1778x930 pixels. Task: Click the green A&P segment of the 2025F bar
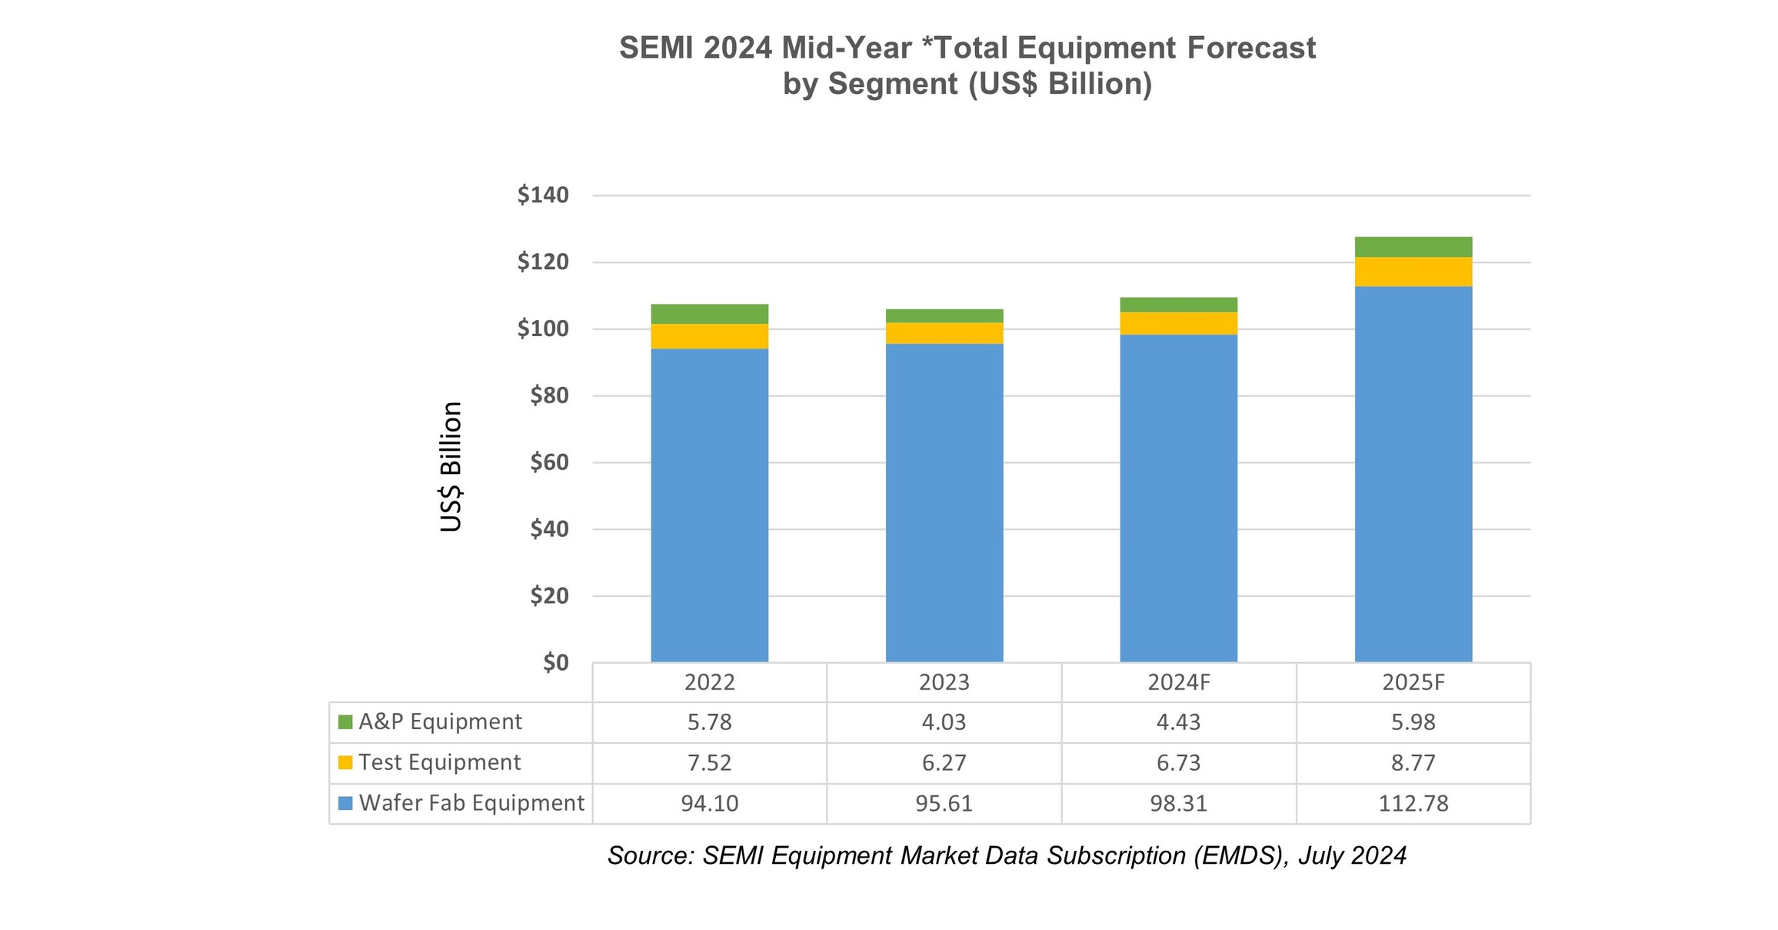1413,247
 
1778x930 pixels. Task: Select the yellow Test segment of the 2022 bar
709,336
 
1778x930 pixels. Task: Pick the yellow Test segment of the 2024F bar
1178,323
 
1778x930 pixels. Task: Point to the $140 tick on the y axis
543,195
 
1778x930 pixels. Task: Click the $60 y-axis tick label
549,462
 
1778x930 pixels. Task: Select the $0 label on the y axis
555,662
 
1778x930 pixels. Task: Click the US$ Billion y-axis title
451,467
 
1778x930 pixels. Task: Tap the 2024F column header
1178,682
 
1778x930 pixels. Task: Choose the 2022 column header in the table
709,682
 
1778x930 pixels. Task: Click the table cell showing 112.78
1413,804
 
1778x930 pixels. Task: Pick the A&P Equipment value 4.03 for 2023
944,722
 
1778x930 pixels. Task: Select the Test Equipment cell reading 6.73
1178,763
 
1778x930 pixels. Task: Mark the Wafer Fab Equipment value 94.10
709,804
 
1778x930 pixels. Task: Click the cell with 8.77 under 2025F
1413,763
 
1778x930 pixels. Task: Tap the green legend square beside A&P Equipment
345,722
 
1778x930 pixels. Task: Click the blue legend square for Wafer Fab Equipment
345,803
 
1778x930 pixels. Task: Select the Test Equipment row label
439,762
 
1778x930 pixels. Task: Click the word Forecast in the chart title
1250,48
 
